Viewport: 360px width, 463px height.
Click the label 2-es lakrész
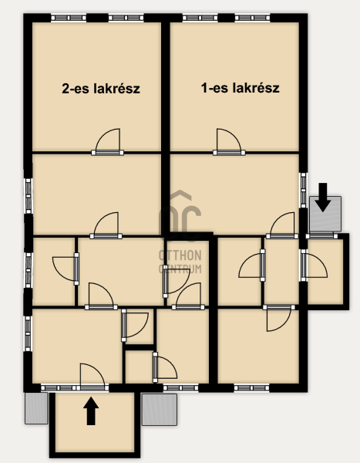101,88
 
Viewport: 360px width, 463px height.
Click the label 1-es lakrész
241,88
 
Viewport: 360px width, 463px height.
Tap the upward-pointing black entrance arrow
91,411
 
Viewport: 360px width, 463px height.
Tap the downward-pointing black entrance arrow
323,198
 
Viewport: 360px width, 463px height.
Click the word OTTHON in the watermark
180,255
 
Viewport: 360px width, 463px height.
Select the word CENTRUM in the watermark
180,269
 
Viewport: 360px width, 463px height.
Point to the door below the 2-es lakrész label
107,142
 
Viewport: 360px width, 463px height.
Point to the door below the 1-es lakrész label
229,142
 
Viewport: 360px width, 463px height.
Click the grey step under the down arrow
325,214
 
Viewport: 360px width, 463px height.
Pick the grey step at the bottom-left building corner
36,408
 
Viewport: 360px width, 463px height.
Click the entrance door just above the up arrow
93,377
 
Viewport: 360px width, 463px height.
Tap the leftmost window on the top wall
69,18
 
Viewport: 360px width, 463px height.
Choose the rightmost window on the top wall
252,18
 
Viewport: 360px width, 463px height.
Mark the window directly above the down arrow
304,191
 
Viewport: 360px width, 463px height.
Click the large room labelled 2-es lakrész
97,86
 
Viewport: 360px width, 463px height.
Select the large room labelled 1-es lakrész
234,86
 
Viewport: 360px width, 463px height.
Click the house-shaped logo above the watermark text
180,215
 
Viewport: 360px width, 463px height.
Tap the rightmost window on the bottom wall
252,387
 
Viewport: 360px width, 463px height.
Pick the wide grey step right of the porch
160,410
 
